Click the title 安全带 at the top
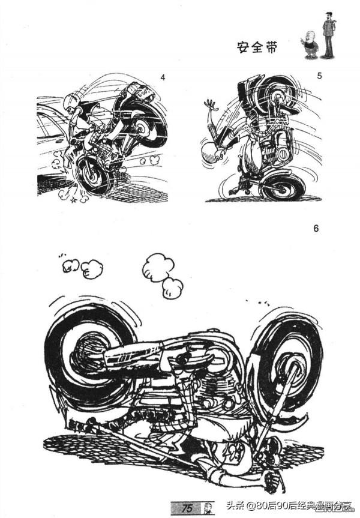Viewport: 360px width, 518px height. [x=257, y=47]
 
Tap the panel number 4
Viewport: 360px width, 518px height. [x=162, y=77]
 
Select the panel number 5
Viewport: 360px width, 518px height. [x=319, y=76]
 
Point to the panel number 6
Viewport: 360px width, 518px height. [x=316, y=228]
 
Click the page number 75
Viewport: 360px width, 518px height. [x=187, y=508]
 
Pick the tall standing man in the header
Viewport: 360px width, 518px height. [x=329, y=35]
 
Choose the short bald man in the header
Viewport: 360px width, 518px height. [x=310, y=44]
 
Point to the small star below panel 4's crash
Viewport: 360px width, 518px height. [x=74, y=200]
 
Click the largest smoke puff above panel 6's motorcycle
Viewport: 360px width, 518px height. [x=158, y=268]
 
